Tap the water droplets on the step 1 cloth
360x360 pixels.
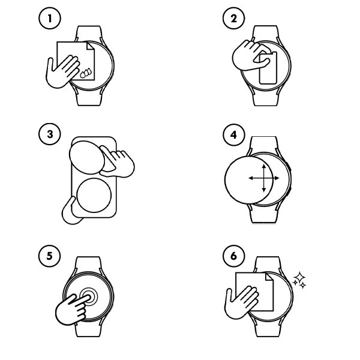(x=87, y=73)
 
